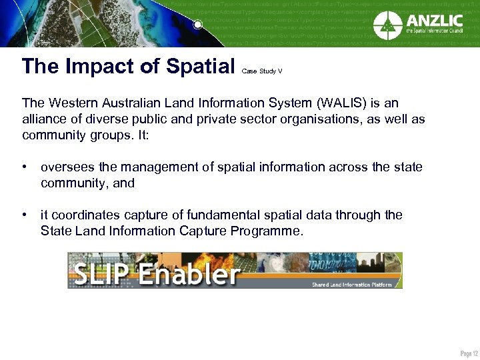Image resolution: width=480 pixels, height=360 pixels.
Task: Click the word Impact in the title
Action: point(95,66)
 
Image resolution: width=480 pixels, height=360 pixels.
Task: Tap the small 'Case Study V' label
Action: point(261,70)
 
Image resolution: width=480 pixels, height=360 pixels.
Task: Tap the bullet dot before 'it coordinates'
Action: point(25,215)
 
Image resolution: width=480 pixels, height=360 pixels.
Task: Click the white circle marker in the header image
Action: point(197,25)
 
